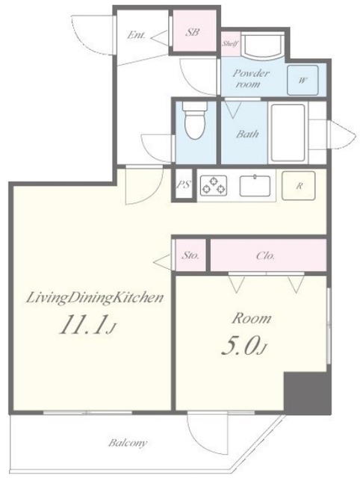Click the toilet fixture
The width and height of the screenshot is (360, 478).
click(195, 120)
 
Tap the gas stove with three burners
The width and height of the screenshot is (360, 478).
click(214, 185)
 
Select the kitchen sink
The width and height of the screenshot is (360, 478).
click(255, 186)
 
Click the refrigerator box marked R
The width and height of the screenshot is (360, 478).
click(299, 185)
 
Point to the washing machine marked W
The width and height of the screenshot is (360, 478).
click(302, 80)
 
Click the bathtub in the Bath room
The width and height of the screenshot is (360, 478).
click(288, 133)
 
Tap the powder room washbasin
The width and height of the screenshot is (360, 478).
click(262, 46)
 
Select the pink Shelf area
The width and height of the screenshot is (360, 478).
click(230, 43)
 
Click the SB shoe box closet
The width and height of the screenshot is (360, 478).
click(193, 31)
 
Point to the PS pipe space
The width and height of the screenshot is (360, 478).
click(184, 185)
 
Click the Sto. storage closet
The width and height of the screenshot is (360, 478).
click(190, 255)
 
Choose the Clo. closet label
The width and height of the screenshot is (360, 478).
click(265, 255)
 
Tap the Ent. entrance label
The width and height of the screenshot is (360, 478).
click(136, 35)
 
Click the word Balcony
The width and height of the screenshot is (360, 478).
click(128, 443)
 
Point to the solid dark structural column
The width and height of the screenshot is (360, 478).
click(307, 393)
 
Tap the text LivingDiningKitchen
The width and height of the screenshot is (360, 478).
click(95, 298)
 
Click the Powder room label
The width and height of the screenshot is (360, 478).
click(251, 78)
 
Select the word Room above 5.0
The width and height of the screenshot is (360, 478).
click(252, 319)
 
